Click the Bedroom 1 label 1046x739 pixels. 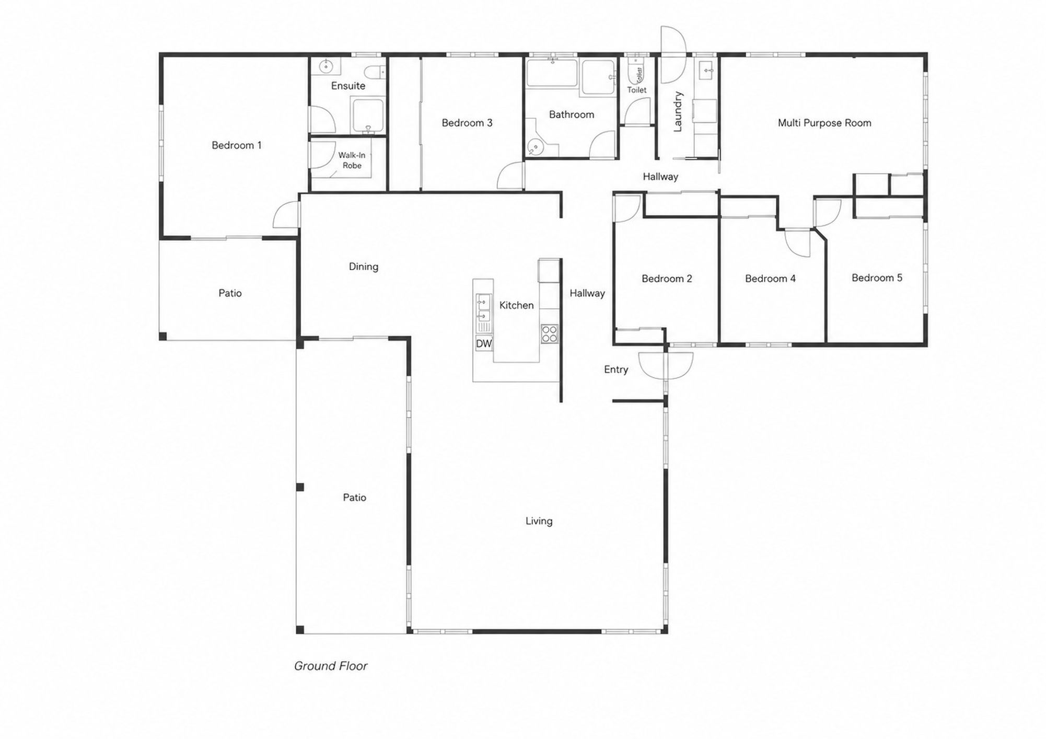click(236, 145)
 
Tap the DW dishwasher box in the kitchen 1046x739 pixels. click(484, 343)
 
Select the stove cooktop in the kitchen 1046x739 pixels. click(549, 333)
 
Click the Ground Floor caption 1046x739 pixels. click(331, 666)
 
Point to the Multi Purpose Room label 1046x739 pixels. click(824, 123)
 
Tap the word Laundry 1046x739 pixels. click(678, 111)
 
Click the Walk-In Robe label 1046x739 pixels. click(352, 160)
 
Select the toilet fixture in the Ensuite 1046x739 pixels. click(375, 71)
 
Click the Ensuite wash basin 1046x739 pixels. click(327, 66)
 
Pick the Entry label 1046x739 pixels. click(616, 369)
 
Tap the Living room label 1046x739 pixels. click(539, 521)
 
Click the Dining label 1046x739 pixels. click(364, 267)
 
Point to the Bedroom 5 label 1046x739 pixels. click(877, 278)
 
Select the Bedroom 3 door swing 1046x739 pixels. click(510, 176)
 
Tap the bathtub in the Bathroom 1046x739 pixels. click(553, 74)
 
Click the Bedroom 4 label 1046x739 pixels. click(770, 279)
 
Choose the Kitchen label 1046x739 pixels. click(516, 305)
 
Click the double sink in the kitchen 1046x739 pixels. click(483, 309)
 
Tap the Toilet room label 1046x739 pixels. click(636, 90)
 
